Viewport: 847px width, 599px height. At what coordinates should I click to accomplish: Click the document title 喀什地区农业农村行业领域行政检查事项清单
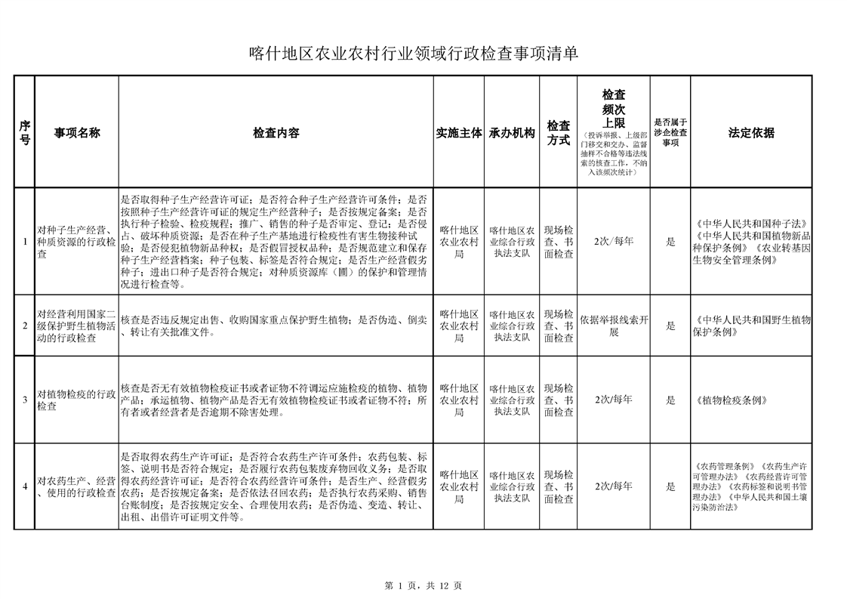tap(414, 54)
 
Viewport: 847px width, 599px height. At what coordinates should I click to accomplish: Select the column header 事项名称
tap(76, 133)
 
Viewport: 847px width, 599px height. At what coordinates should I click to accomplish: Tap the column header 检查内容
tap(276, 133)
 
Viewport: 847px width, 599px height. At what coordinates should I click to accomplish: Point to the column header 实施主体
tap(459, 133)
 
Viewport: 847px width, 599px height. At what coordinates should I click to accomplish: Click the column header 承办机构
tap(512, 133)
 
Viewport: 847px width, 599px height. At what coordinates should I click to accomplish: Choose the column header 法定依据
tap(751, 133)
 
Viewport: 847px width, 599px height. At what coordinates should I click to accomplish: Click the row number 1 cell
tap(25, 242)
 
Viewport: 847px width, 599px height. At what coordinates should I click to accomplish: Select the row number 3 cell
tap(25, 400)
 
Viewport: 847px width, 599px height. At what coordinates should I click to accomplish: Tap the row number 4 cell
tap(25, 486)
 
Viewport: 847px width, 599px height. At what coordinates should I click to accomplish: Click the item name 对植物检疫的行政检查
tap(76, 400)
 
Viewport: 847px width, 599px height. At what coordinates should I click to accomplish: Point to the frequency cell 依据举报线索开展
tap(614, 326)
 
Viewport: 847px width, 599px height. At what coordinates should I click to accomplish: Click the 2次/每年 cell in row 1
tap(614, 242)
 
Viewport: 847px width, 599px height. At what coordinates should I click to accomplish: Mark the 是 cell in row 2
tap(670, 326)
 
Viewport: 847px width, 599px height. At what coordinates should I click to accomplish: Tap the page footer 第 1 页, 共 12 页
tap(423, 585)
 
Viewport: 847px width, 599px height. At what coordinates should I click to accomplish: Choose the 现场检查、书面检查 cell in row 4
tap(559, 486)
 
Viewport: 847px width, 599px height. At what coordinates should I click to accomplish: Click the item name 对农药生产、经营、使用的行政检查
tap(76, 487)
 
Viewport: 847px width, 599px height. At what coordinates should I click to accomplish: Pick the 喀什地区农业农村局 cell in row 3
tap(459, 400)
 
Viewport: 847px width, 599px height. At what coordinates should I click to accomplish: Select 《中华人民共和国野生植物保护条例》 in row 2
tap(751, 326)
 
